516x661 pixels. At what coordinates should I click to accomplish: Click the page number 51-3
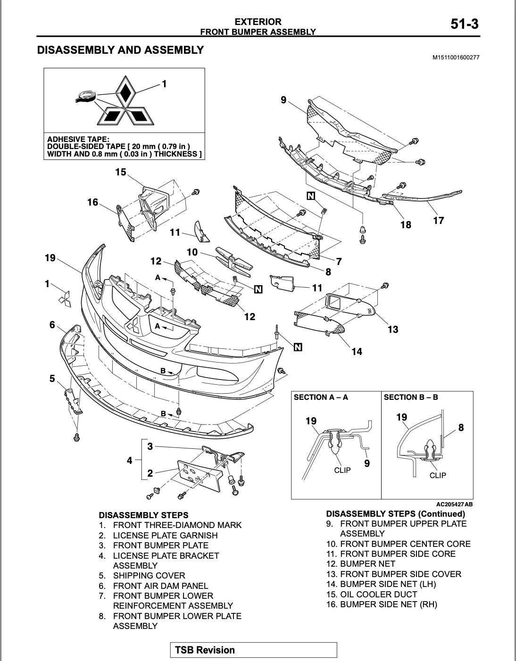[x=464, y=24]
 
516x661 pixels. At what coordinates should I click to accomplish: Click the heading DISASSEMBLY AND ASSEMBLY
[x=120, y=50]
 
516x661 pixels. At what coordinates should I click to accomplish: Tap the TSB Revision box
[x=253, y=650]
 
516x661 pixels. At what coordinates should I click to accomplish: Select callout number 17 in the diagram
[x=438, y=220]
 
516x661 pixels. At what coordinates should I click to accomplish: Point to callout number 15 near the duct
[x=121, y=172]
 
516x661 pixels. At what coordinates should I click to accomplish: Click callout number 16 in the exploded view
[x=92, y=202]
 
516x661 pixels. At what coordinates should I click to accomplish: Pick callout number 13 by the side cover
[x=393, y=330]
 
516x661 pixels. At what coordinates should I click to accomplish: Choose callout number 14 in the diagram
[x=357, y=351]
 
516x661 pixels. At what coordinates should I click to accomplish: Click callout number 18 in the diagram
[x=406, y=225]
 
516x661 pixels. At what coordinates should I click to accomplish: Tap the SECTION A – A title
[x=321, y=397]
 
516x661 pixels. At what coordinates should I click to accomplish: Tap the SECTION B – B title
[x=411, y=397]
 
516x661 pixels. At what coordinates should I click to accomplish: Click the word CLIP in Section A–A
[x=342, y=470]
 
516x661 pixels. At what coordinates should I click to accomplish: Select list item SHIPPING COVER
[x=149, y=576]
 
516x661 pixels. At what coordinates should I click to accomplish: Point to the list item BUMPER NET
[x=367, y=564]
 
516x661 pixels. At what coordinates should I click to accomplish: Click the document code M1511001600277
[x=456, y=58]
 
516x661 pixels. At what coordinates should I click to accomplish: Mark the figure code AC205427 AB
[x=454, y=504]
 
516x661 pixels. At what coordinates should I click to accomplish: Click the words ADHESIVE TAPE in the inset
[x=78, y=140]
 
